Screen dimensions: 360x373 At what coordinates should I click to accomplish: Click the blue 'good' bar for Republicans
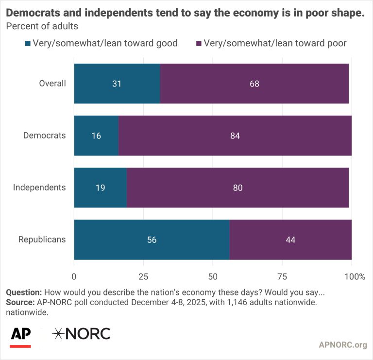point(152,240)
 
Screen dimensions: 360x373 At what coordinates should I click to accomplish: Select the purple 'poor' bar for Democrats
point(235,136)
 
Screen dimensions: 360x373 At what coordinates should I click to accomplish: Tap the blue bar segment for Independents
point(100,188)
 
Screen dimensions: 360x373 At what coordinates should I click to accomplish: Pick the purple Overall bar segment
point(254,84)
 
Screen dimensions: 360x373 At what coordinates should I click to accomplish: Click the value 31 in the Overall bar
point(116,84)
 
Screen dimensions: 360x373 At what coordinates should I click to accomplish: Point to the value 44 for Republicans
point(290,240)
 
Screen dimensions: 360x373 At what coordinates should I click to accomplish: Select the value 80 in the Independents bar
point(238,188)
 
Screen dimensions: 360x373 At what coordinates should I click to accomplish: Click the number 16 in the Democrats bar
point(96,136)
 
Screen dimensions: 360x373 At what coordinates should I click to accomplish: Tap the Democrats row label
point(44,136)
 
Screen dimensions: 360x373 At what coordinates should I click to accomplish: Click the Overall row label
point(52,84)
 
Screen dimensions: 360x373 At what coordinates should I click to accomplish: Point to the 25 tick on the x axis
point(143,277)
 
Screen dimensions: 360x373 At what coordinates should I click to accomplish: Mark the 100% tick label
point(355,277)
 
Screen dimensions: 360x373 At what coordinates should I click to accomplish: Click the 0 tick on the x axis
point(74,277)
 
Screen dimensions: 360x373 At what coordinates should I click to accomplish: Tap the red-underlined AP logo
point(20,335)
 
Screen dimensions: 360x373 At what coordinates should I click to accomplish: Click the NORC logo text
point(81,334)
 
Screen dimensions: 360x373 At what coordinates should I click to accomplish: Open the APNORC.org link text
point(342,345)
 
